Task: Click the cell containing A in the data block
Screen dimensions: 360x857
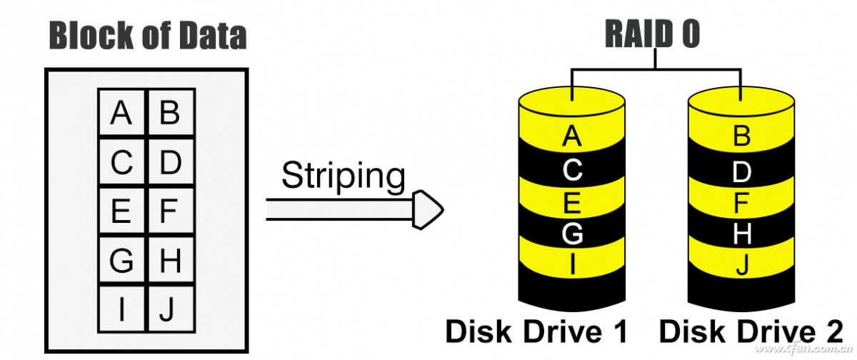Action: pyautogui.click(x=122, y=113)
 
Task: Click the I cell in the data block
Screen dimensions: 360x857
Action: pyautogui.click(x=122, y=309)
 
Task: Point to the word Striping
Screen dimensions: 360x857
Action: pyautogui.click(x=343, y=176)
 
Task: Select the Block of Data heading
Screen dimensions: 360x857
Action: pyautogui.click(x=147, y=36)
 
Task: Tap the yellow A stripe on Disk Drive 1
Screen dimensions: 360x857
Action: pyautogui.click(x=572, y=136)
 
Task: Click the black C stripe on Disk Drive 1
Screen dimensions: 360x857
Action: pyautogui.click(x=572, y=171)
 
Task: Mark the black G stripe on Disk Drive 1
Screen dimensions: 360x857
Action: pyautogui.click(x=572, y=234)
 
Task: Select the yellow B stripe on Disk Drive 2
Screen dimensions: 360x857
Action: pyautogui.click(x=742, y=136)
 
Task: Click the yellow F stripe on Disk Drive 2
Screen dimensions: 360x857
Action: pyautogui.click(x=742, y=203)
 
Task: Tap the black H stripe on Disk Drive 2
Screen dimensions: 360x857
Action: pyautogui.click(x=742, y=234)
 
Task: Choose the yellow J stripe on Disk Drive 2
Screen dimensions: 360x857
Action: pyautogui.click(x=742, y=266)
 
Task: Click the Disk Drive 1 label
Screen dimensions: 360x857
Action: pyautogui.click(x=536, y=331)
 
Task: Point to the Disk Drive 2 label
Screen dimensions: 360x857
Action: pyautogui.click(x=749, y=331)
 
